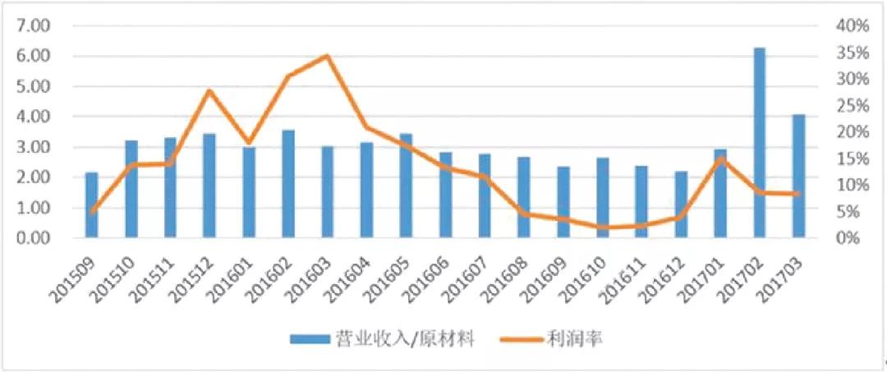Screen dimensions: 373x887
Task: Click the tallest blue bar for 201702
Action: pyautogui.click(x=760, y=144)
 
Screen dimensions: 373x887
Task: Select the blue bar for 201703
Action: pyautogui.click(x=799, y=177)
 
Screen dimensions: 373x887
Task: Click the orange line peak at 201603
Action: pyautogui.click(x=327, y=56)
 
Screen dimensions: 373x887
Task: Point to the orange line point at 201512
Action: pyautogui.click(x=209, y=90)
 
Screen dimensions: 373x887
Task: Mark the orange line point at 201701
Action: pyautogui.click(x=720, y=159)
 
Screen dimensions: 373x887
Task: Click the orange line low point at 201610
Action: pyautogui.click(x=602, y=227)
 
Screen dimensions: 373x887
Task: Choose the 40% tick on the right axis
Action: pyautogui.click(x=853, y=25)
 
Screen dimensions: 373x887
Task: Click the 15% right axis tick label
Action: pyautogui.click(x=853, y=159)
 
